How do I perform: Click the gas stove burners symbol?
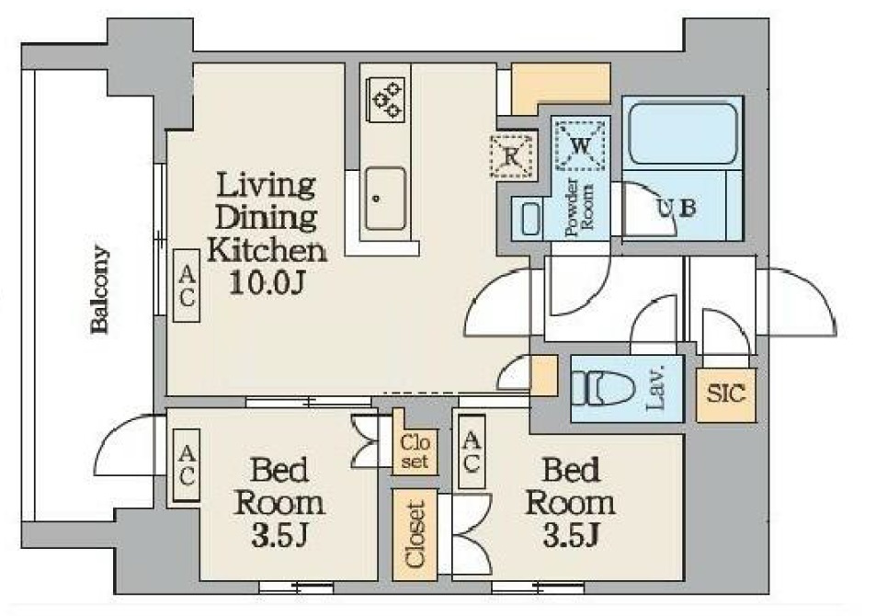(x=385, y=99)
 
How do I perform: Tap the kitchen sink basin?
(x=385, y=199)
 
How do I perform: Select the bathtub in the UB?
(x=683, y=133)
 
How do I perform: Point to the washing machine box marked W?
(x=580, y=145)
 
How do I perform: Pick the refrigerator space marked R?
(x=512, y=156)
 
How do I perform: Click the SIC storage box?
(x=726, y=394)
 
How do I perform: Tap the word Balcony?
(x=100, y=290)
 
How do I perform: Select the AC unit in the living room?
(x=187, y=285)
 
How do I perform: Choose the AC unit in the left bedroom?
(x=187, y=465)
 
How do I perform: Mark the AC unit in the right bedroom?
(x=472, y=452)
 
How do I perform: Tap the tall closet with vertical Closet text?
(x=415, y=535)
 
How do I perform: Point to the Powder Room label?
(x=580, y=206)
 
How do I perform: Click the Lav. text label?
(x=657, y=387)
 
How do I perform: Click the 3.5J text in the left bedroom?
(x=279, y=535)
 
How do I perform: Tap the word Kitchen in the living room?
(x=267, y=251)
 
